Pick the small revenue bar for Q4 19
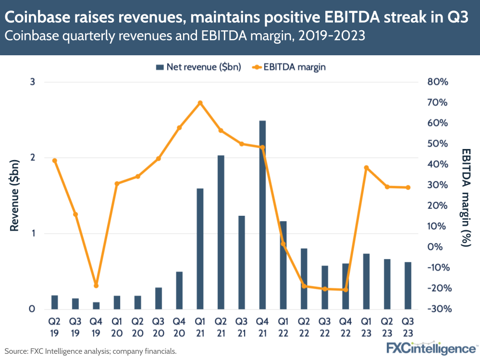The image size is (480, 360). click(x=96, y=306)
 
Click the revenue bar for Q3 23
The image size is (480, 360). click(x=408, y=286)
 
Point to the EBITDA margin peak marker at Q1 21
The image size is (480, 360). click(x=200, y=103)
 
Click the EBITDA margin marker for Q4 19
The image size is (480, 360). click(x=96, y=286)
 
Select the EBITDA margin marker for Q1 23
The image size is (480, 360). click(x=366, y=168)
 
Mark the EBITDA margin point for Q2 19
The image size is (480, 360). click(x=54, y=161)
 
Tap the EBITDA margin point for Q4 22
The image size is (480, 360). click(x=345, y=290)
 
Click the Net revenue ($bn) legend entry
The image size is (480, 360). click(x=198, y=67)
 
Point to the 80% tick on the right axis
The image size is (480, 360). click(x=437, y=82)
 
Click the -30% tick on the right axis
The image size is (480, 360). click(x=437, y=309)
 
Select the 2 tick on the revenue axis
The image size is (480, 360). click(x=33, y=158)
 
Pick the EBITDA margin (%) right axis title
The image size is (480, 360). click(x=465, y=197)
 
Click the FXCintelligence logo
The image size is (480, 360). click(x=431, y=348)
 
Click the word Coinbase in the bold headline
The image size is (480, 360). click(x=38, y=18)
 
